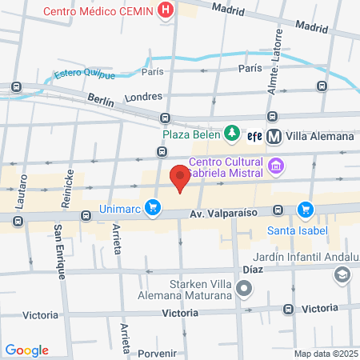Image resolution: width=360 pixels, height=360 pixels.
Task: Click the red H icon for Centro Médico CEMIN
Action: point(166,10)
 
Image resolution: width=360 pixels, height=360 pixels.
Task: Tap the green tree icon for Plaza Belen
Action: point(231,132)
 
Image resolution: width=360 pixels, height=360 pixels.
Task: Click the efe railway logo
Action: point(254,136)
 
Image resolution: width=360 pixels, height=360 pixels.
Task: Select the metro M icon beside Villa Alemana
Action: point(274,136)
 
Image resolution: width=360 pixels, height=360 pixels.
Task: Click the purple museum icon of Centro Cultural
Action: point(277,166)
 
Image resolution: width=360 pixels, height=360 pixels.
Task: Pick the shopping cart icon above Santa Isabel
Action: point(305,210)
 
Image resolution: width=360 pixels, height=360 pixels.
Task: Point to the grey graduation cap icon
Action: point(342,274)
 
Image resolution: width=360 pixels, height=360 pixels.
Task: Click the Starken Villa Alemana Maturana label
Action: point(201,290)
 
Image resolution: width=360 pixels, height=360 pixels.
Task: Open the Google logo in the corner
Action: point(26,350)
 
